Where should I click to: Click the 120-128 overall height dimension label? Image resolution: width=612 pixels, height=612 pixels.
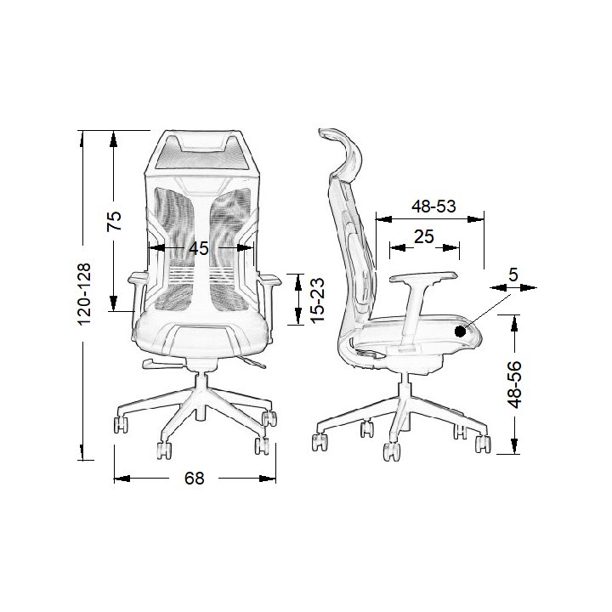point(84,294)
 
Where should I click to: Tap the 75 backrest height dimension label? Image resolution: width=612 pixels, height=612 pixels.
point(115,221)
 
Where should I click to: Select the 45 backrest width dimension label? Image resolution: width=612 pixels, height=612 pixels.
point(199,248)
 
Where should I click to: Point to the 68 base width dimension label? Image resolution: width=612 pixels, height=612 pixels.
point(194,478)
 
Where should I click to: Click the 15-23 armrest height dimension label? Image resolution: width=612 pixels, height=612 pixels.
point(318,300)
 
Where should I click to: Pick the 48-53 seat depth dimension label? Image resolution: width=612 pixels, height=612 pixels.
point(433,206)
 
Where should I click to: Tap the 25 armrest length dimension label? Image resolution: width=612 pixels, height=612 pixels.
point(424,236)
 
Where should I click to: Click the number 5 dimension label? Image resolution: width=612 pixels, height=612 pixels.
point(513,275)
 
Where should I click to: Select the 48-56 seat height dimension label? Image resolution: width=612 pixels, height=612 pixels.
point(514,384)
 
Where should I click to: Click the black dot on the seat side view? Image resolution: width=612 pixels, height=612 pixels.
point(461,331)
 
